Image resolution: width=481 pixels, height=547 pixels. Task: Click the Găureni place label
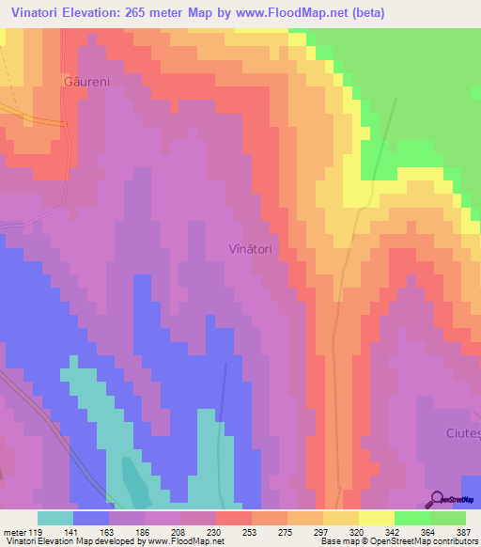click(86, 82)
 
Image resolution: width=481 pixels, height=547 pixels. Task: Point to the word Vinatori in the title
click(41, 13)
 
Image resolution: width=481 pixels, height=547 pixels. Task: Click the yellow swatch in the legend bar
click(376, 518)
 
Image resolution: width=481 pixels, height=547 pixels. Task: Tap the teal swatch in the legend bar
click(55, 518)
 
